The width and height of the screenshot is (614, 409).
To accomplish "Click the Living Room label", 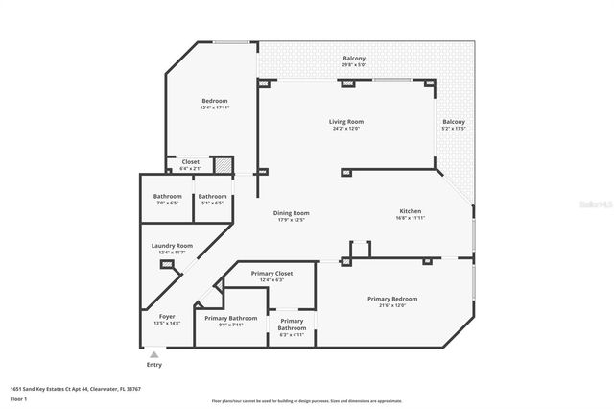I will pyautogui.click(x=346, y=122).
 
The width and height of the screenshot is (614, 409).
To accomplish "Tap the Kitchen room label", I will pyautogui.click(x=411, y=211).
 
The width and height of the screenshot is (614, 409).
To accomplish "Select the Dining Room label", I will pyautogui.click(x=292, y=213).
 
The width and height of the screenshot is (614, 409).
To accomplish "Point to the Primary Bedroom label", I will pyautogui.click(x=392, y=299).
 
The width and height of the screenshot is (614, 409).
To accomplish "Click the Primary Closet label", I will pyautogui.click(x=272, y=274).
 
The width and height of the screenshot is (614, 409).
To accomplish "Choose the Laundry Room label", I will pyautogui.click(x=172, y=246).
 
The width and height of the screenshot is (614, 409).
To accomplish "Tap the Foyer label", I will pyautogui.click(x=167, y=316).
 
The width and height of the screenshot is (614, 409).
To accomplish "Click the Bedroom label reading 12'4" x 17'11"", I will pyautogui.click(x=214, y=101).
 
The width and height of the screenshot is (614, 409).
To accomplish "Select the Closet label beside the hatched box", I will pyautogui.click(x=191, y=162).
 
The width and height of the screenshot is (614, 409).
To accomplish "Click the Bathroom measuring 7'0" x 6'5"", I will pyautogui.click(x=167, y=196).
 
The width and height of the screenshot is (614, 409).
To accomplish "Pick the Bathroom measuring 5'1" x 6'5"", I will pyautogui.click(x=212, y=196).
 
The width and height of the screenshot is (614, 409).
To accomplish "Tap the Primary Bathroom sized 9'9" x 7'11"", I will pyautogui.click(x=230, y=318).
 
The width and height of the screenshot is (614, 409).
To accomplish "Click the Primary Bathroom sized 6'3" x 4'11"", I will pyautogui.click(x=292, y=322).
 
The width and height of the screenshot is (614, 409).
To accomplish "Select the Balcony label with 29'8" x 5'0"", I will pyautogui.click(x=354, y=59).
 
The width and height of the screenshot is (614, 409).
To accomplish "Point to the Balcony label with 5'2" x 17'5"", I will pyautogui.click(x=453, y=122).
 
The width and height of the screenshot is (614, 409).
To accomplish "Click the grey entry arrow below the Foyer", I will pyautogui.click(x=153, y=354).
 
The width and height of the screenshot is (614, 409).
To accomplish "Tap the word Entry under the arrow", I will pyautogui.click(x=153, y=365).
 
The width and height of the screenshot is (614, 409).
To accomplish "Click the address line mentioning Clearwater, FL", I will pyautogui.click(x=76, y=389).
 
